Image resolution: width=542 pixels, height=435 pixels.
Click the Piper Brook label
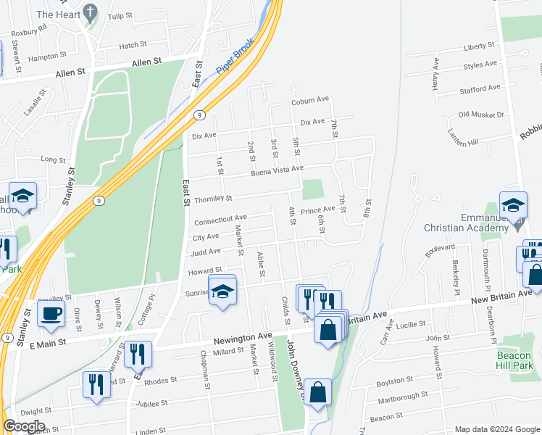(x=235, y=56)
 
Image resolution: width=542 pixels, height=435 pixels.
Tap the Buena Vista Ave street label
(x=277, y=171)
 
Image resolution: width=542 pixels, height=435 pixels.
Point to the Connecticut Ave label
(x=220, y=217)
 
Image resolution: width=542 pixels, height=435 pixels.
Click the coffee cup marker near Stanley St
(x=51, y=315)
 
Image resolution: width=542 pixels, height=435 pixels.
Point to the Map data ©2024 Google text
(x=496, y=429)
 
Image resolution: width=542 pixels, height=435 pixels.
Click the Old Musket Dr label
(x=481, y=115)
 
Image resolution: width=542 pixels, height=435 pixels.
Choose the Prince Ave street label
(x=318, y=210)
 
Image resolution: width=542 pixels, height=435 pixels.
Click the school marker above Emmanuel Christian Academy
(x=512, y=206)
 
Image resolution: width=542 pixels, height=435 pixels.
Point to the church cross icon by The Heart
(x=89, y=12)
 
